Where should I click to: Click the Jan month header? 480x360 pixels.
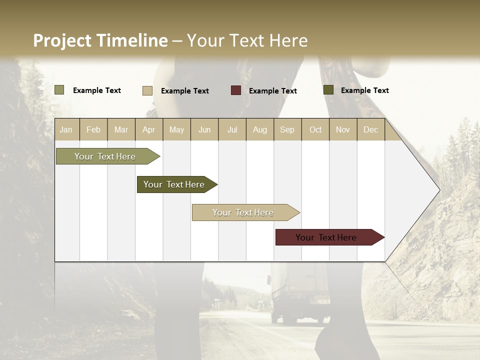[x=66, y=129]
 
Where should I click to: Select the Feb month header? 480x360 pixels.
[x=93, y=129]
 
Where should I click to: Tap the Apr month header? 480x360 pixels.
[x=148, y=129]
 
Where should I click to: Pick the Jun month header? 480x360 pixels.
[x=204, y=129]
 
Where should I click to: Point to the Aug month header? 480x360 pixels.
[x=259, y=129]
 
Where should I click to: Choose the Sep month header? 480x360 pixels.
[x=287, y=129]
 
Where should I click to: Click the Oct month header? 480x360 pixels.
[x=315, y=129]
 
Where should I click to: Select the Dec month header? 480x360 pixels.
[x=370, y=129]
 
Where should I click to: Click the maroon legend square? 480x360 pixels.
[x=236, y=90]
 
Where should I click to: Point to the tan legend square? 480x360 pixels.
[x=147, y=90]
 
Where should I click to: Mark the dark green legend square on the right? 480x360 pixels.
[x=328, y=90]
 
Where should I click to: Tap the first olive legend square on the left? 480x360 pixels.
[x=59, y=90]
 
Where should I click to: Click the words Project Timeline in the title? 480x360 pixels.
[x=100, y=40]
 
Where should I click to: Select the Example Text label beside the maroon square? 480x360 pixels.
[x=272, y=91]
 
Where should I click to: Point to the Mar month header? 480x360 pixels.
[x=121, y=129]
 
